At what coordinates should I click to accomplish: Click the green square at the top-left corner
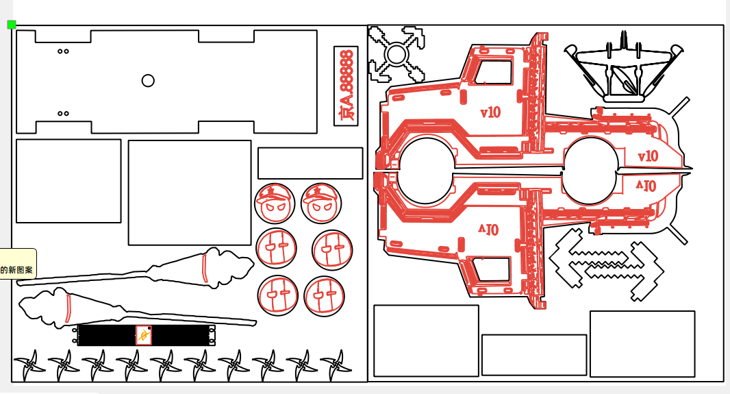[11, 25]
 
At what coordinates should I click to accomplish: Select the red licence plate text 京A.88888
[347, 86]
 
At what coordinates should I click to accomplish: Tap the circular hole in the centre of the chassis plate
[148, 81]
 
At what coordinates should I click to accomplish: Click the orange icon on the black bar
[143, 335]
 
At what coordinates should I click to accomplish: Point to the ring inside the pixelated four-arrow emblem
[396, 53]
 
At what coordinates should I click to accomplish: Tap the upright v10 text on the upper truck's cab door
[490, 112]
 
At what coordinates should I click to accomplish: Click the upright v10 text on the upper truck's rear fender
[647, 156]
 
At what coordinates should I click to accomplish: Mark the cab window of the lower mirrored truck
[492, 269]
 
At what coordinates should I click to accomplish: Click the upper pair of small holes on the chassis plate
[63, 51]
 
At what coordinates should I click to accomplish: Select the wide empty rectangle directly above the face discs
[310, 163]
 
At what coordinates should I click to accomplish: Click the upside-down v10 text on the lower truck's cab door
[489, 230]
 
